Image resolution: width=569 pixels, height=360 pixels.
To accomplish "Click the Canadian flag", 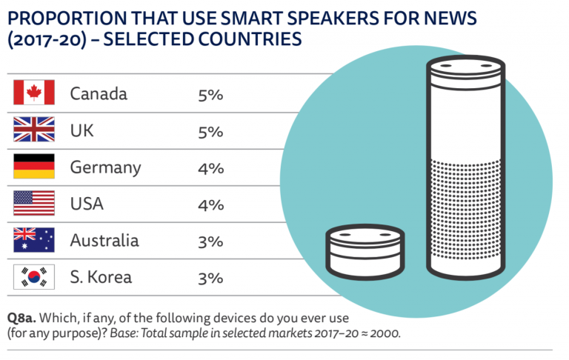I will (33, 93).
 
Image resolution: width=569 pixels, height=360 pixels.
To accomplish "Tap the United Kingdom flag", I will (33, 130).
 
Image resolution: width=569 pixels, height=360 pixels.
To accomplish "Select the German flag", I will (33, 167).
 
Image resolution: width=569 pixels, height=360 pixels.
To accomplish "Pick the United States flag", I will (33, 204).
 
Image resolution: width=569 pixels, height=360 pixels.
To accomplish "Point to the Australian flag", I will (33, 240).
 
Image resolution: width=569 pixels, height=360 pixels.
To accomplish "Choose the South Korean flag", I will (33, 277).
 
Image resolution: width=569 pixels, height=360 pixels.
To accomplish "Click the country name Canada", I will (99, 94).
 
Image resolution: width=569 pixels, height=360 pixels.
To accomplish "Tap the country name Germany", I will (105, 167).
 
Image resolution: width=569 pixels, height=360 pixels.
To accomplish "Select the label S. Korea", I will (101, 278).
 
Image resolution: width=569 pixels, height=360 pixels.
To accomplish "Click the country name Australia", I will (104, 241).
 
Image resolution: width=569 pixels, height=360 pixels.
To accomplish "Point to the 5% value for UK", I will (210, 131).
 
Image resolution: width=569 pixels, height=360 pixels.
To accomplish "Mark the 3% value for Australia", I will (210, 241).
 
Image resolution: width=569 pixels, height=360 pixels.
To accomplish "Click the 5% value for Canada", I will (210, 94).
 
